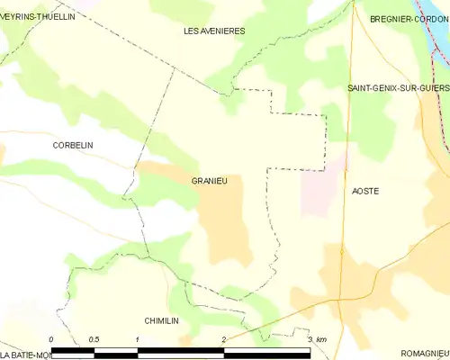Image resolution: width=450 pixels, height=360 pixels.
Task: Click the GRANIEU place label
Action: pos(209,181)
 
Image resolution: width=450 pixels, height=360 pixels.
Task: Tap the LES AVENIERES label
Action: pos(214,31)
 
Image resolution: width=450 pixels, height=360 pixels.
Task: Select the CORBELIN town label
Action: pos(73,145)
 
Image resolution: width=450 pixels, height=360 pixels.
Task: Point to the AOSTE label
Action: pos(365,192)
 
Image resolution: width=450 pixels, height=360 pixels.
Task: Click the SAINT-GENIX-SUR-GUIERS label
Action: pos(398,87)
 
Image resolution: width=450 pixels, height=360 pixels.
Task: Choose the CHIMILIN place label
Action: pos(165,320)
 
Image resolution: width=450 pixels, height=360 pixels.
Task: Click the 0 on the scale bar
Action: pos(51,339)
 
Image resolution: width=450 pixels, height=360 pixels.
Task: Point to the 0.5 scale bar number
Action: pos(94,339)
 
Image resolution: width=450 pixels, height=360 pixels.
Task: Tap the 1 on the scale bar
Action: pos(137,339)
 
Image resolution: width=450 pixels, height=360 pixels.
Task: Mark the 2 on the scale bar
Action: pos(223,339)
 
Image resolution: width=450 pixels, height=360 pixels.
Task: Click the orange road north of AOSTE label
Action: pos(349,135)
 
